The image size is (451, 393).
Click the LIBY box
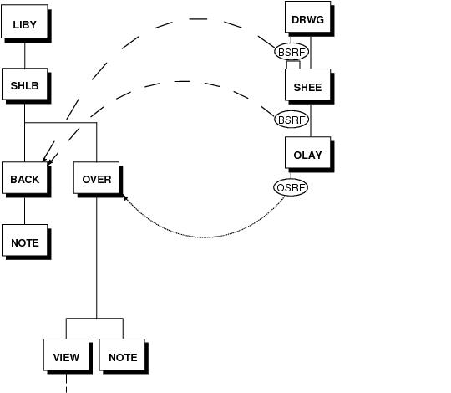[x=24, y=21]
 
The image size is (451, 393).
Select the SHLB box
[x=25, y=84]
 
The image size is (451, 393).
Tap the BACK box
[x=25, y=177]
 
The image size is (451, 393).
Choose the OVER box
[x=96, y=177]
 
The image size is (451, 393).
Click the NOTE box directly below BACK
[x=25, y=240]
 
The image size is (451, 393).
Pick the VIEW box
[x=66, y=355]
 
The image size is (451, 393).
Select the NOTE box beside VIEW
[x=122, y=355]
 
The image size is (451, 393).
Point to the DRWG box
[x=307, y=17]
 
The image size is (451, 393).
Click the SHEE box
[x=307, y=84]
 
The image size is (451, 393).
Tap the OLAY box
[x=307, y=152]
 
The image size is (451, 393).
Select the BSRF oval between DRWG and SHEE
[x=291, y=52]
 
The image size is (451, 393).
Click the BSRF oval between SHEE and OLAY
[x=291, y=120]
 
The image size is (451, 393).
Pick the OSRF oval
[x=291, y=187]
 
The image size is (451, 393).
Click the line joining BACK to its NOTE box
[x=25, y=209]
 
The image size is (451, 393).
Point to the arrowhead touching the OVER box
[x=125, y=197]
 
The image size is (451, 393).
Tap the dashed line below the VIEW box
[x=67, y=383]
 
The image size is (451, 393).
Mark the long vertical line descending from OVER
[x=97, y=256]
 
